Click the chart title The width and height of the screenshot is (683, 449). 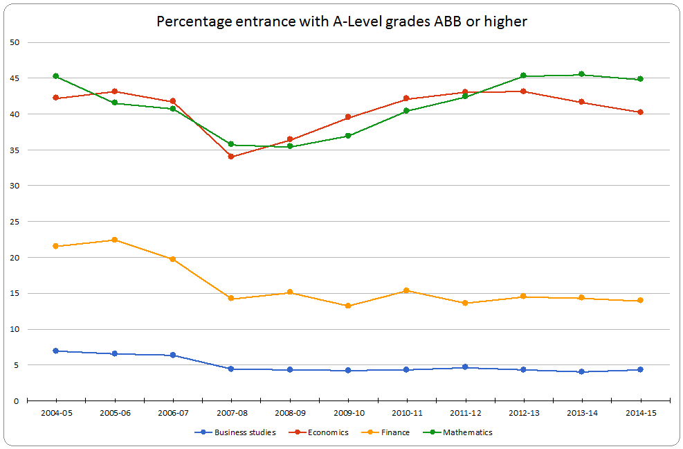[x=342, y=21]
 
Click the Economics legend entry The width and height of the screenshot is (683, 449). [x=328, y=432]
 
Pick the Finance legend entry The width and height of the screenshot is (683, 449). [x=395, y=432]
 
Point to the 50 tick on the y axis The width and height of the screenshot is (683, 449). [x=15, y=42]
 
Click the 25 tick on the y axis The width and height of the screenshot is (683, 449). [x=15, y=222]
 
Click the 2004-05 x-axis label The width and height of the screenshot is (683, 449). [x=55, y=412]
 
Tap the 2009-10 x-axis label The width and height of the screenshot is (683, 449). [x=348, y=412]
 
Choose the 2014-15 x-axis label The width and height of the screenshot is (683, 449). [x=640, y=412]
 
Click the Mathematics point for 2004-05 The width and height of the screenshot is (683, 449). [x=55, y=76]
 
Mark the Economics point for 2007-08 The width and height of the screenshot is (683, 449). [x=231, y=157]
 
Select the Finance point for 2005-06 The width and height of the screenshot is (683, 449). [x=114, y=240]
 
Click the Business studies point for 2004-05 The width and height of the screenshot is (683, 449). [x=55, y=351]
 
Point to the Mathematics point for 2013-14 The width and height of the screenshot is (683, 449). [x=581, y=74]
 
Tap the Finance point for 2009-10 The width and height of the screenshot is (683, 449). [x=348, y=306]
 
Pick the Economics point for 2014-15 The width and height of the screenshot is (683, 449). [x=640, y=112]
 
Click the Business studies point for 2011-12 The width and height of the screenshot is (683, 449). [x=465, y=367]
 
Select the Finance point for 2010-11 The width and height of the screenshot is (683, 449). [x=406, y=290]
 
